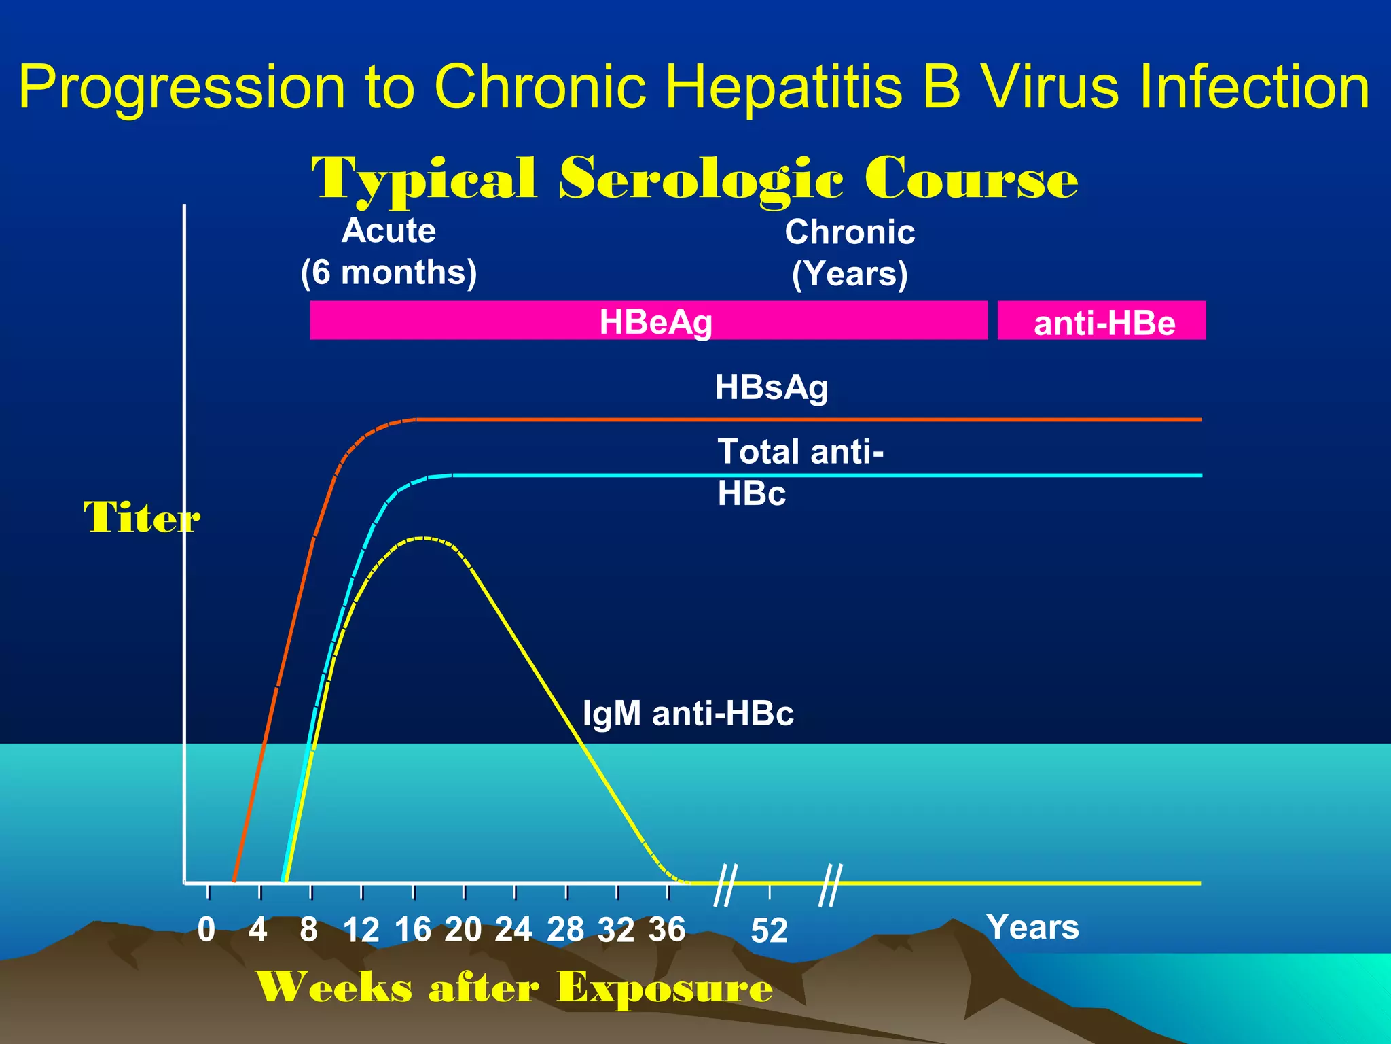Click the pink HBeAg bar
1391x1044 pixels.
click(x=649, y=320)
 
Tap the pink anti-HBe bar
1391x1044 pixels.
click(x=1102, y=321)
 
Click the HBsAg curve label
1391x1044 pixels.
click(x=772, y=387)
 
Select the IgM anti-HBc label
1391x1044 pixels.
click(x=687, y=714)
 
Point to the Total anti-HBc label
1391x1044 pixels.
click(x=799, y=472)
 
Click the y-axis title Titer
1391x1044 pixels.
click(x=141, y=517)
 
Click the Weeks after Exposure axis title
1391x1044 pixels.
click(x=514, y=987)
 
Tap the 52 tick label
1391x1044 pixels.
click(x=769, y=930)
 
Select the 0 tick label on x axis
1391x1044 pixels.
click(x=206, y=929)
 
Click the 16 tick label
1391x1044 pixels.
click(x=413, y=929)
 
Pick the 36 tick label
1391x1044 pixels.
click(x=667, y=929)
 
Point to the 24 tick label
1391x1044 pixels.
click(x=513, y=929)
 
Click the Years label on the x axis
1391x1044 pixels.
click(x=1032, y=927)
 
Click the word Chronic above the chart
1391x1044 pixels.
click(x=850, y=232)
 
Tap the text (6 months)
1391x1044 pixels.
click(x=389, y=273)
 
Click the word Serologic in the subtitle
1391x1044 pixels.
click(x=701, y=179)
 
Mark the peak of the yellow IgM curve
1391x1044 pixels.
click(x=422, y=538)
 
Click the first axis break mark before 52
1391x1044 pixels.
click(x=725, y=885)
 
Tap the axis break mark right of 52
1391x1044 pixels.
click(x=830, y=885)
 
